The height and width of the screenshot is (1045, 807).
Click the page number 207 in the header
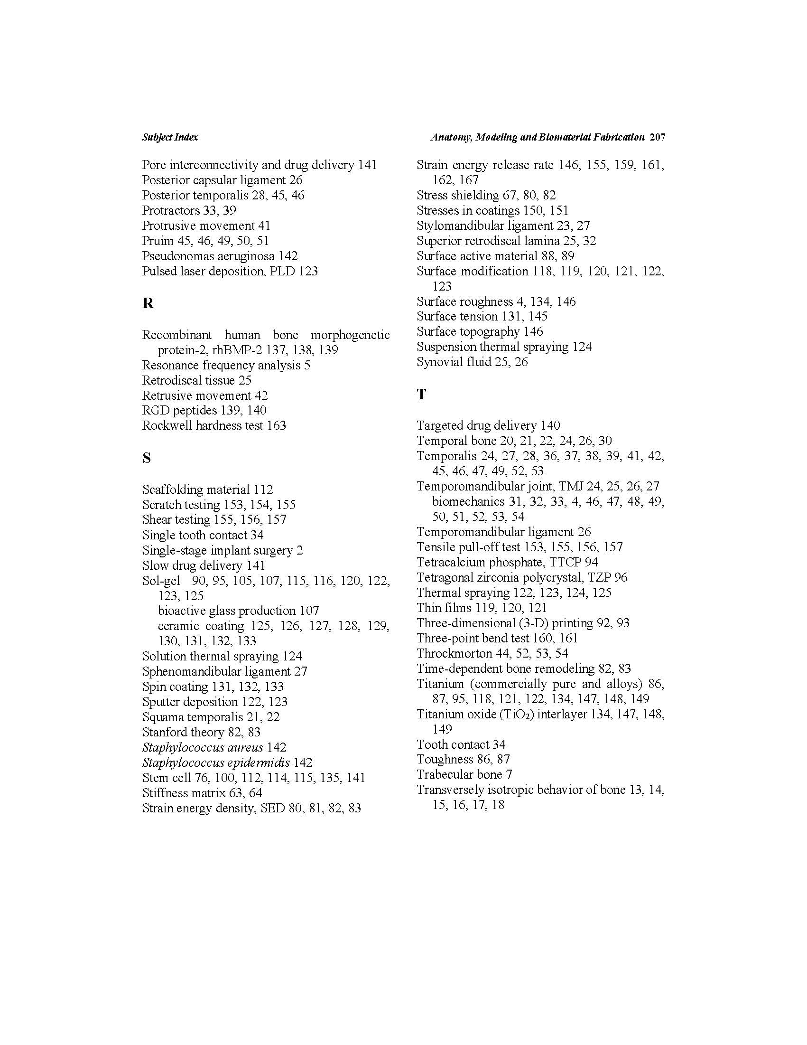(x=658, y=137)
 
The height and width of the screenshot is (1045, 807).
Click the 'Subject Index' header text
(x=170, y=137)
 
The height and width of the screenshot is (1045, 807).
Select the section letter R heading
(x=148, y=303)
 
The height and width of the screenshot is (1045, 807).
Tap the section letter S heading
(x=146, y=458)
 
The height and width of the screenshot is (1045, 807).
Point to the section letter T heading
(x=421, y=394)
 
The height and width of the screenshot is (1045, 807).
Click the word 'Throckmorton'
(x=447, y=654)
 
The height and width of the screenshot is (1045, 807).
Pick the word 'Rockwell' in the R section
(x=164, y=425)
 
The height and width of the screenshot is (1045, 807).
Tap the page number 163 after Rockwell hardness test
(x=276, y=425)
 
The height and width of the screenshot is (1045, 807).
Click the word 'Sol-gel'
(x=161, y=581)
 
